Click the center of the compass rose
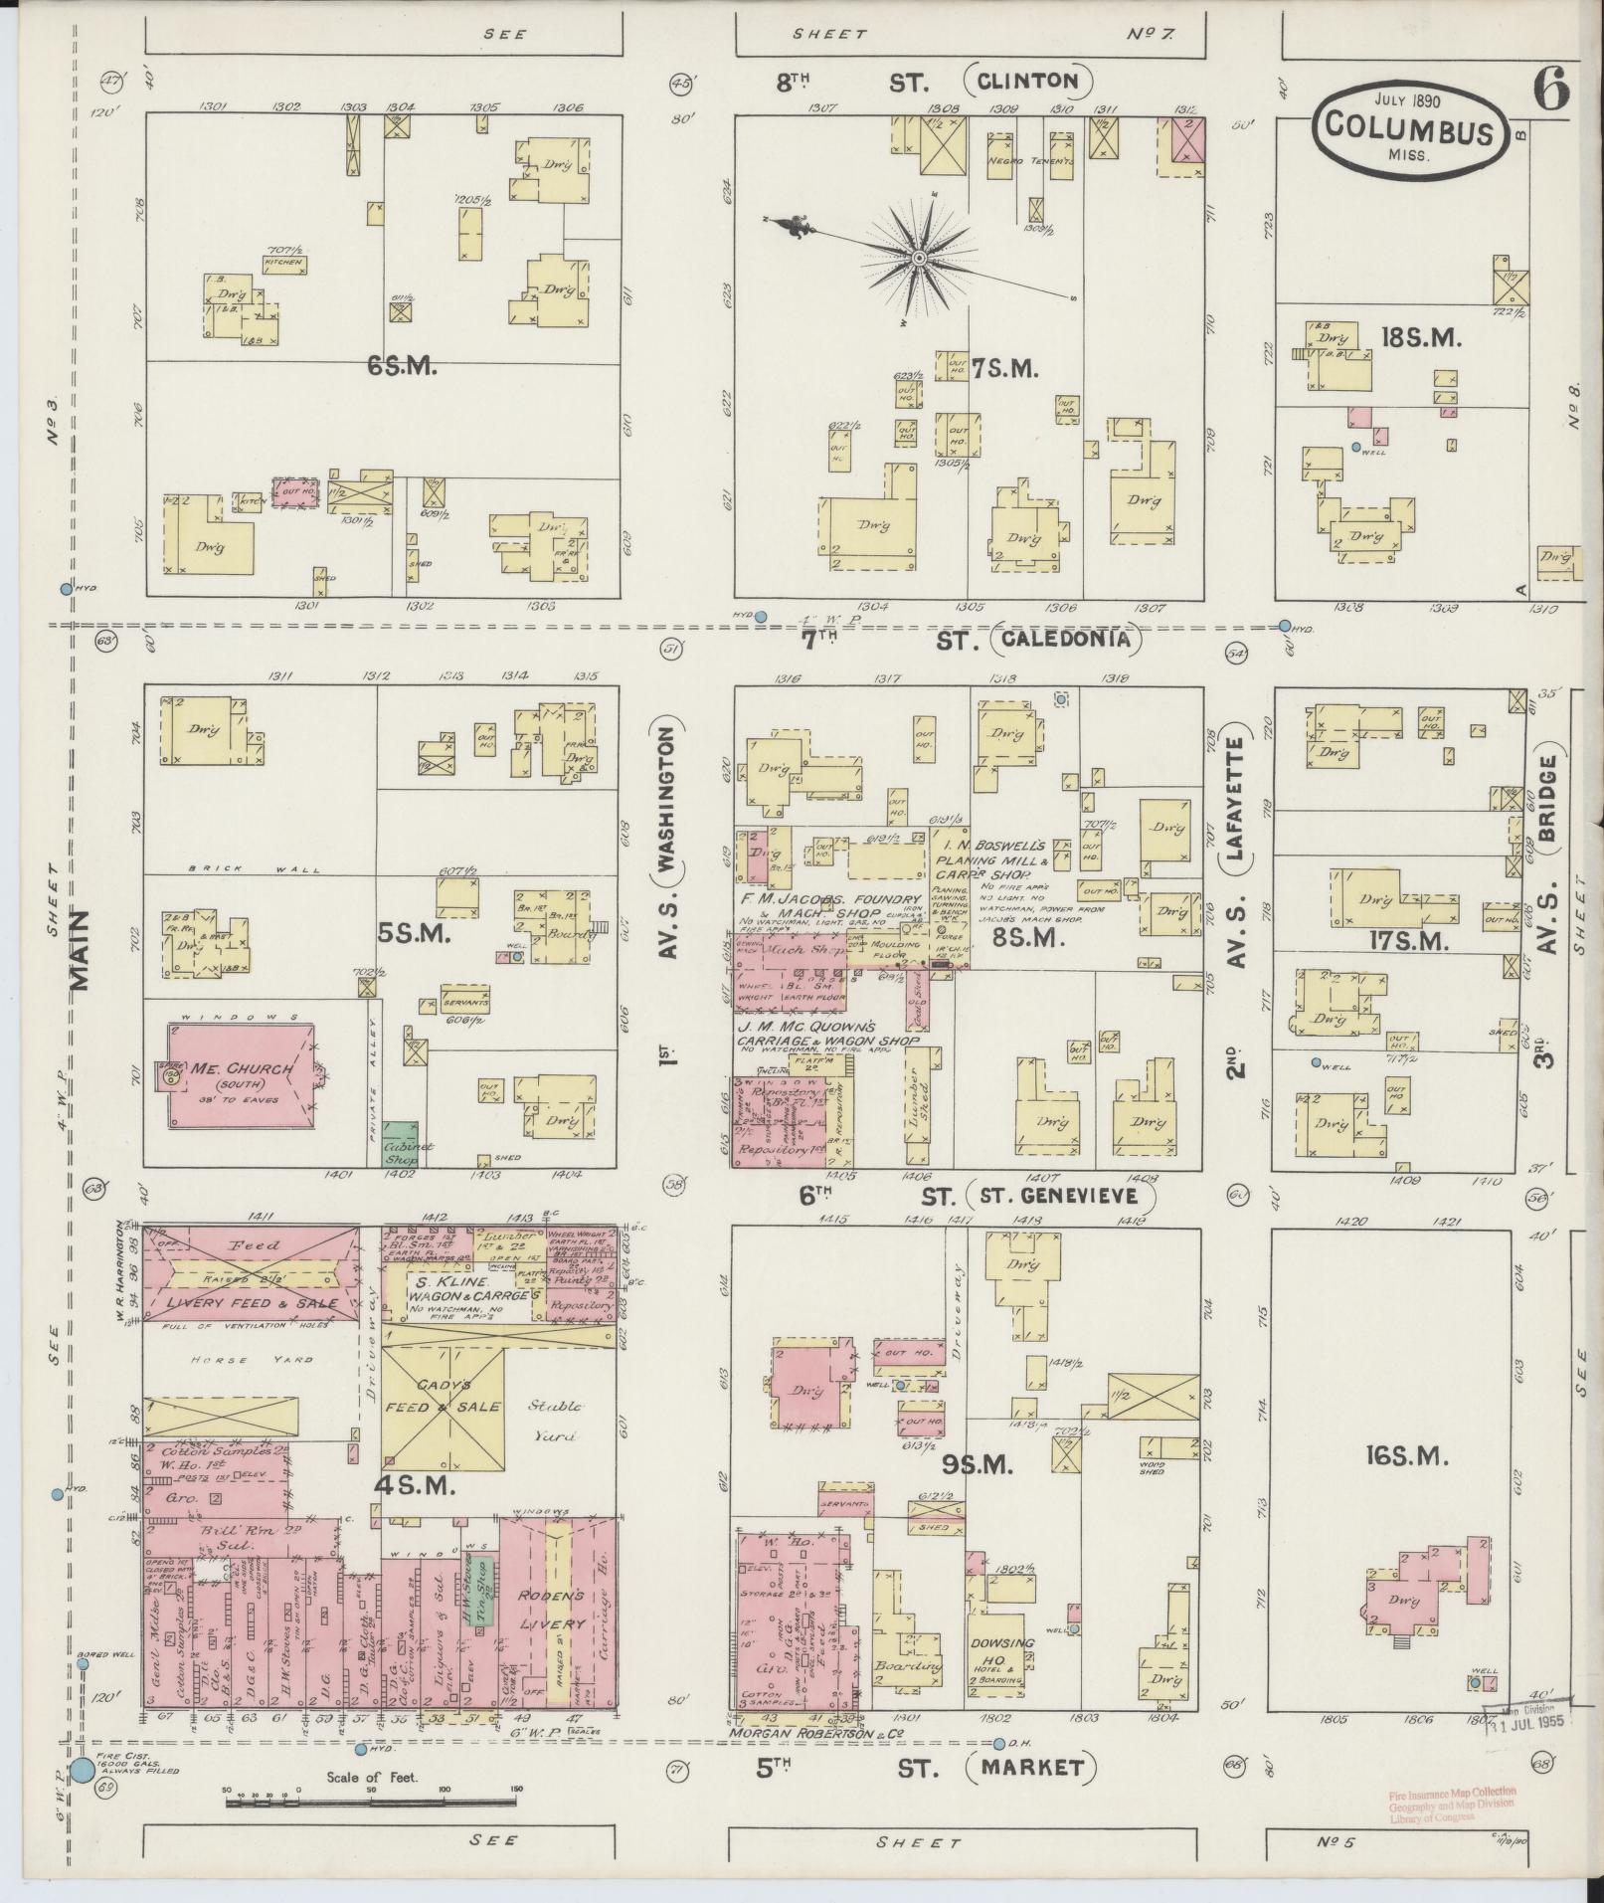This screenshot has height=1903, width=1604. click(920, 258)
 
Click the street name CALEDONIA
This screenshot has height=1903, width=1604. click(1065, 640)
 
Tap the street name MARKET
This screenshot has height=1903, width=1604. click(1031, 1768)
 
